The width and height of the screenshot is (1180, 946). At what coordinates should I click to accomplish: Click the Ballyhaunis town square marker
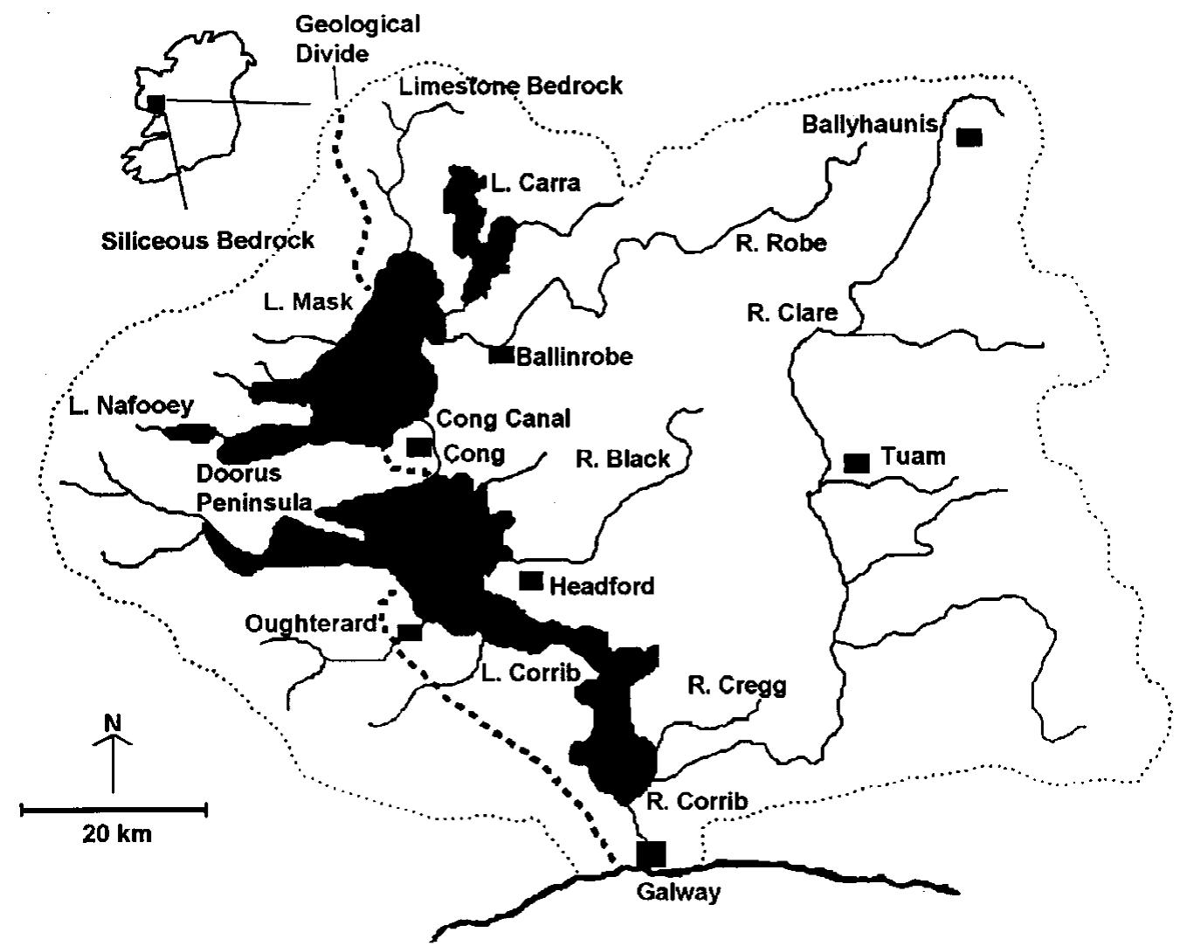point(969,137)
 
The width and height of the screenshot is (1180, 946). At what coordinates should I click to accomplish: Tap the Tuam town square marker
point(857,463)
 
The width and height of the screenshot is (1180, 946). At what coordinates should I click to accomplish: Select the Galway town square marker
point(651,854)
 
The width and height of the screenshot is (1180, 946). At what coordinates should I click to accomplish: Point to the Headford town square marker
point(531,581)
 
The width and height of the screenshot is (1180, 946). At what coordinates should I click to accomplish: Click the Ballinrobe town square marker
point(500,356)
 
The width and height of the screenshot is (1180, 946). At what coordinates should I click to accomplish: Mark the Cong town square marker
point(419,447)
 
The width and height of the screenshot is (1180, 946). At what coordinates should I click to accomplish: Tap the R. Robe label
point(780,243)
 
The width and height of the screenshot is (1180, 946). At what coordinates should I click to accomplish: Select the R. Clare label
point(791,312)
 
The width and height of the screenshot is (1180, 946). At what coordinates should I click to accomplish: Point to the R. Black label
point(624,459)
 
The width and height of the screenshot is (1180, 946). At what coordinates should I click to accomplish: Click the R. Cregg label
point(736,687)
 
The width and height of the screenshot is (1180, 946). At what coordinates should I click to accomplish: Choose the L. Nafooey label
point(130,405)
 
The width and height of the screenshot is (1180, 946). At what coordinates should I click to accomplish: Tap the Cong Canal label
point(503,419)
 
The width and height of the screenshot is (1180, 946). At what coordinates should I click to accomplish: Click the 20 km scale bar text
point(117,833)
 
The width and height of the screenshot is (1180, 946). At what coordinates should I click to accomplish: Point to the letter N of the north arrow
point(112,723)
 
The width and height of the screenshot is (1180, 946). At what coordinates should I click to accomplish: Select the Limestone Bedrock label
point(510,86)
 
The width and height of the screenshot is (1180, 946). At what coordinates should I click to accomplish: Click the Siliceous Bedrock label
point(207,240)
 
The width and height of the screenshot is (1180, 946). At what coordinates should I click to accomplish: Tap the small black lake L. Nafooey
point(190,432)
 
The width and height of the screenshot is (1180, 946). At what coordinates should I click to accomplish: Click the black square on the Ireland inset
point(156,103)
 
